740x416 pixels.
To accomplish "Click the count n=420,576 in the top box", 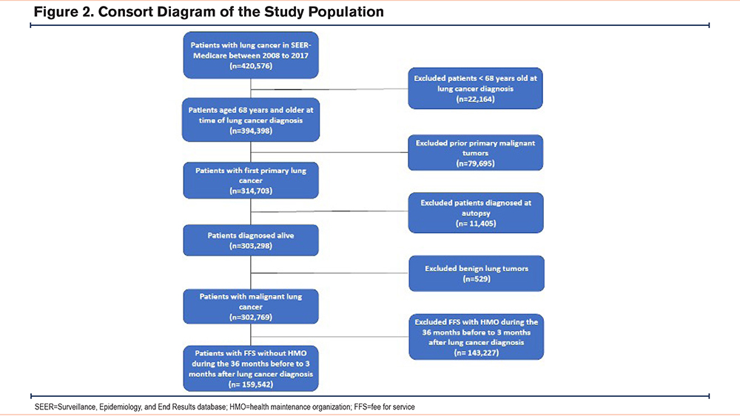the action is coord(251,66).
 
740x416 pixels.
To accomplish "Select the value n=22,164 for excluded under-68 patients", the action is coord(475,99).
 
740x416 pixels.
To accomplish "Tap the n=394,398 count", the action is coord(251,131).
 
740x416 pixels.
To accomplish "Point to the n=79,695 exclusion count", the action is coord(475,163).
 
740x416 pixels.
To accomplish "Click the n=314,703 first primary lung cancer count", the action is coord(251,191).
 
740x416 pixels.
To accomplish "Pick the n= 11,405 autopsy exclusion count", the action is coord(476,223).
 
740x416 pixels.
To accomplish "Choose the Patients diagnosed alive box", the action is coord(251,240).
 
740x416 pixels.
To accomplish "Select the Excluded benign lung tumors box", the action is coord(476,273).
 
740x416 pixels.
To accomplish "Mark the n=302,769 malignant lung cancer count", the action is coord(251,317).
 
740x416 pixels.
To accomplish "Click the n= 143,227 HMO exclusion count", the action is coord(476,352).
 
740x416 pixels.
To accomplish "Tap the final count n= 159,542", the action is coord(251,384).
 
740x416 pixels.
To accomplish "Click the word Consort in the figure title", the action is coord(125,12).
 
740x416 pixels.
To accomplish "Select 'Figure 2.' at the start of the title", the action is coord(64,12).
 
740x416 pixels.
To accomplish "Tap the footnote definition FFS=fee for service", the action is coord(385,406).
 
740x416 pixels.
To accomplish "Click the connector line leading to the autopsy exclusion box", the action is coord(329,211).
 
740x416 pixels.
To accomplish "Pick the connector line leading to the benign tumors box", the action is coord(330,273).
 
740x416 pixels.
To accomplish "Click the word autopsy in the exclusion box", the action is coord(476,214).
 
